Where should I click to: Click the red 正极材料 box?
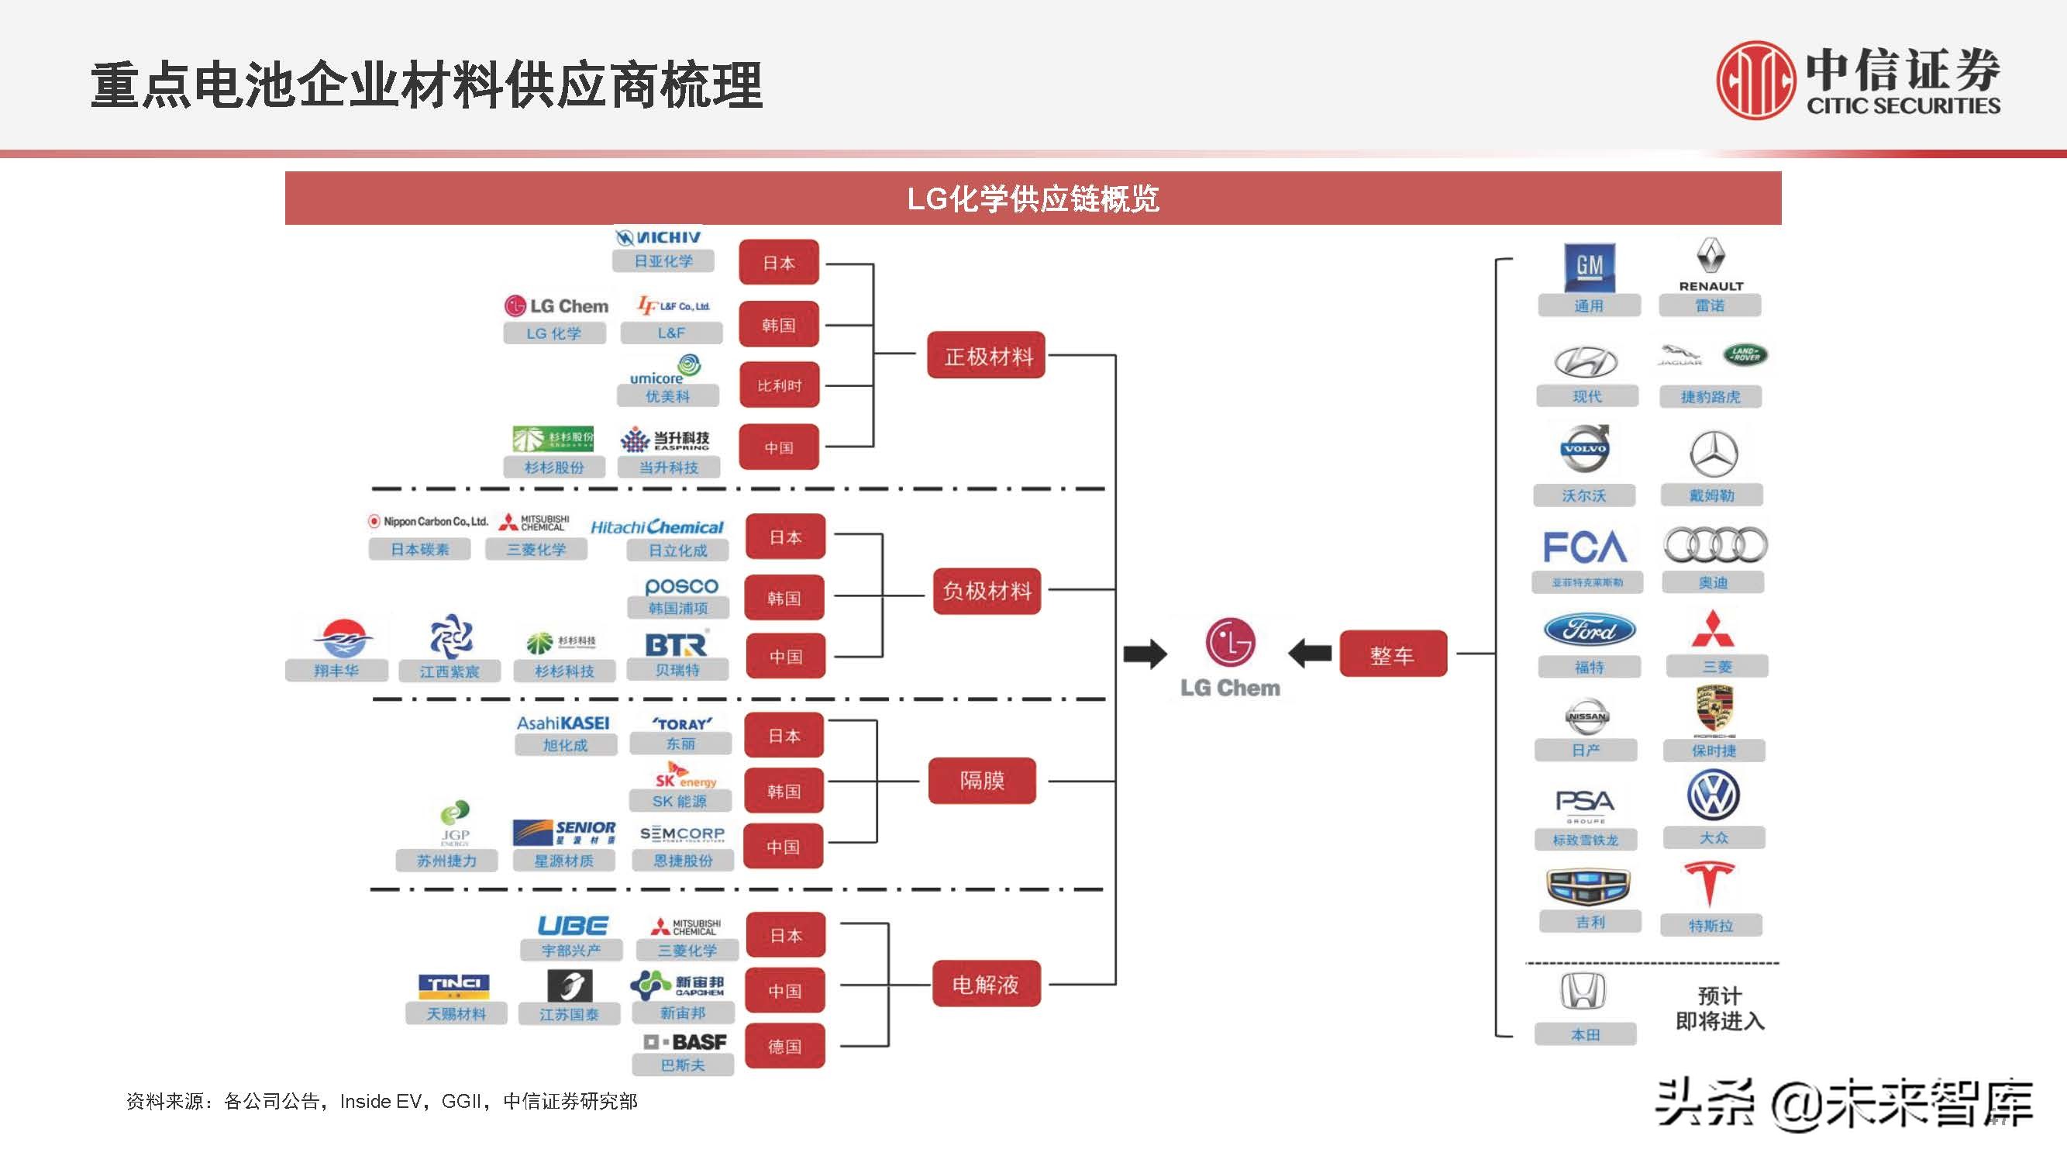pyautogui.click(x=986, y=356)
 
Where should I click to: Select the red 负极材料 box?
pyautogui.click(x=986, y=592)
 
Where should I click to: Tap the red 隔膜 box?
pyautogui.click(x=981, y=780)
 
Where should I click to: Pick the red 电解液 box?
pyautogui.click(x=985, y=984)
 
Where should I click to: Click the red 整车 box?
pyautogui.click(x=1392, y=655)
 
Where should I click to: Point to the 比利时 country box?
pyautogui.click(x=778, y=386)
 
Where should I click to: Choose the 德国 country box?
pyautogui.click(x=784, y=1046)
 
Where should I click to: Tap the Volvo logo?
pyautogui.click(x=1584, y=450)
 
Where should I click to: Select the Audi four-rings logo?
pyautogui.click(x=1714, y=546)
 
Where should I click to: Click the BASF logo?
pyautogui.click(x=684, y=1041)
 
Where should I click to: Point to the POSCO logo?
pyautogui.click(x=680, y=586)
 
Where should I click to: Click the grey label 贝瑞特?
pyautogui.click(x=677, y=670)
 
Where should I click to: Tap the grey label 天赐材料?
pyautogui.click(x=456, y=1013)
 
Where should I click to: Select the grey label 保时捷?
pyautogui.click(x=1713, y=751)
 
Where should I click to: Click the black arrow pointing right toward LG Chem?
pyautogui.click(x=1144, y=654)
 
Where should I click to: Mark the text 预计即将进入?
pyautogui.click(x=1720, y=1008)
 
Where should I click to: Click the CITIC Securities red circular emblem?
pyautogui.click(x=1756, y=81)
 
